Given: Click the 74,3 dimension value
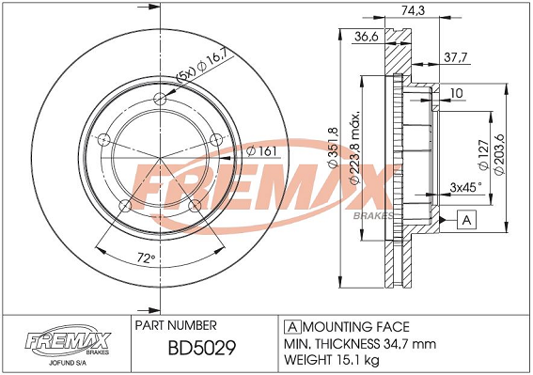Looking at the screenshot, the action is point(413,10).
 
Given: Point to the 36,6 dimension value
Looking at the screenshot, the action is point(366,36).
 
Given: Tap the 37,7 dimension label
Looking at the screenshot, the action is point(456,57).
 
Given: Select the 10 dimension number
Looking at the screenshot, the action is point(458,93).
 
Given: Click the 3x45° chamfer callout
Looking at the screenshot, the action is point(465,187).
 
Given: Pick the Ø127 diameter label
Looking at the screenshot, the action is point(483,155).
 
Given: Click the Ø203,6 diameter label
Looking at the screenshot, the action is point(499,154).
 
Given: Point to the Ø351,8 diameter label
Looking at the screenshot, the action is point(333,148).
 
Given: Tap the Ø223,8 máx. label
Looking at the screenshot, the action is point(354,147).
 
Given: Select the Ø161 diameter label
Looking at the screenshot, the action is point(261,151).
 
